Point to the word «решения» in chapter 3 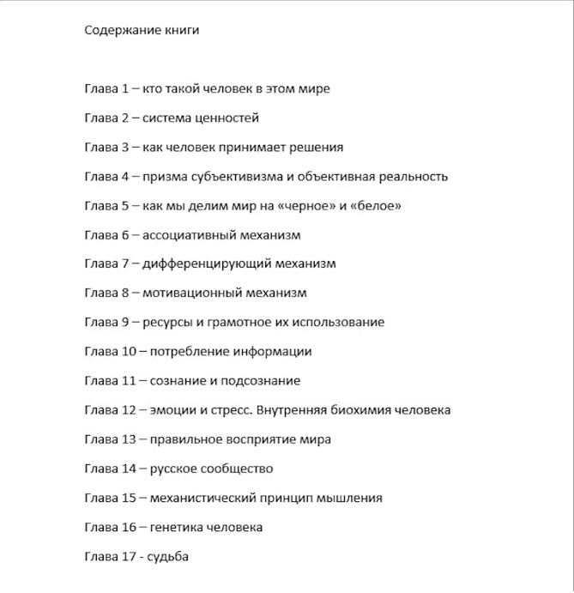(x=315, y=147)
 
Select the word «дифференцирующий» (x=204, y=263)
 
